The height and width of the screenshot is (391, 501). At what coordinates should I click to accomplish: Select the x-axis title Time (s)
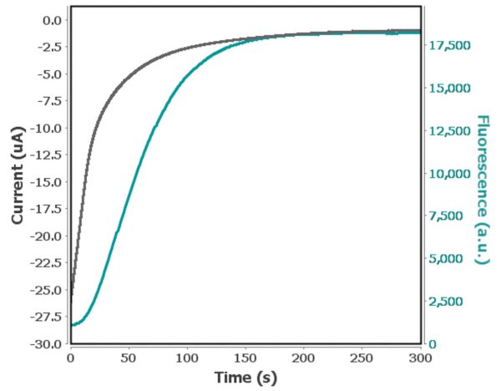[245, 377]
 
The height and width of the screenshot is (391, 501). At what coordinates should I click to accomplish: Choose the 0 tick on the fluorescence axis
[431, 343]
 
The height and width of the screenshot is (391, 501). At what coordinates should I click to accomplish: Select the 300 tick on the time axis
[420, 357]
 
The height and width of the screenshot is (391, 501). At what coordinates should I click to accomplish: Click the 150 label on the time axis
[245, 357]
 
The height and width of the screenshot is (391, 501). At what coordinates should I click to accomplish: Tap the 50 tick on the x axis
[129, 357]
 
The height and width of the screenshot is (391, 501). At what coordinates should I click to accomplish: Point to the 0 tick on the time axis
[71, 357]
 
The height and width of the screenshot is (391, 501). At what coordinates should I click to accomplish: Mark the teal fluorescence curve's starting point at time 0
[72, 325]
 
